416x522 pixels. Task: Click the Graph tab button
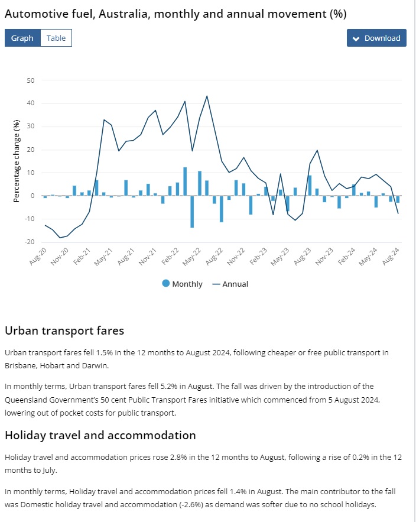click(x=22, y=38)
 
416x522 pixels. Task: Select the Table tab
click(x=56, y=38)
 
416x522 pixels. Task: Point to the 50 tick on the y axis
click(x=31, y=80)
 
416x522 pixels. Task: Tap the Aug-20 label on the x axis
click(x=38, y=256)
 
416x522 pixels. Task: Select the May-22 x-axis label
click(x=194, y=256)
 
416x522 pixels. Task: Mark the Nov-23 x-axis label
click(x=325, y=256)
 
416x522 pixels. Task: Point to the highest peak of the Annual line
click(x=207, y=96)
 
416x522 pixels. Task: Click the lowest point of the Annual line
click(x=60, y=238)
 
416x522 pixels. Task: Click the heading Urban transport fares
click(x=64, y=330)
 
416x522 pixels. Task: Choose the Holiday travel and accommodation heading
click(x=100, y=435)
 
